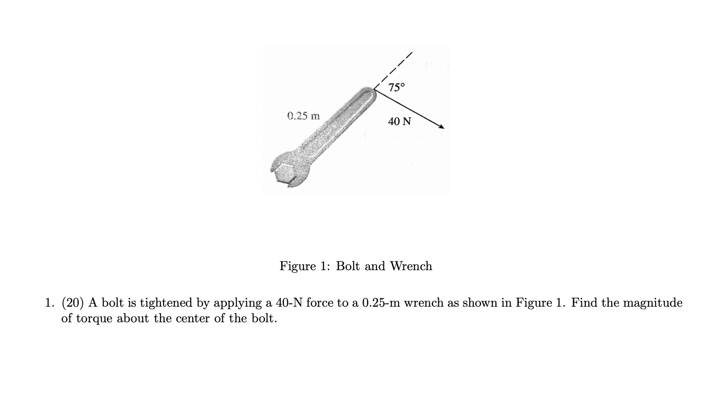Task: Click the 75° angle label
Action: pos(397,88)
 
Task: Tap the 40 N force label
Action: pos(399,121)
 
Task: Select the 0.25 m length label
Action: pos(304,116)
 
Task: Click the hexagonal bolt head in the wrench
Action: pos(284,173)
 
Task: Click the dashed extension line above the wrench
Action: pos(395,68)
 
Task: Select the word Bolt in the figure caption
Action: pos(348,266)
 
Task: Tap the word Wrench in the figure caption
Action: pos(411,266)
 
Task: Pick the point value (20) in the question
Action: pos(73,303)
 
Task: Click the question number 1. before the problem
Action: pos(50,303)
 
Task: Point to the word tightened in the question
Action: pos(166,303)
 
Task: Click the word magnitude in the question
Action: pos(652,303)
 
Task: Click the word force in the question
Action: pos(320,303)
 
